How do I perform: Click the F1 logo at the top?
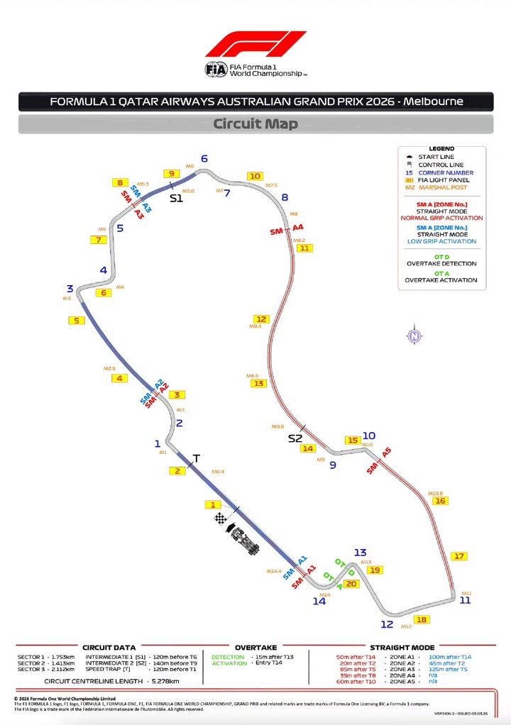pos(255,44)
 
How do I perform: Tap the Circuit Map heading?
pos(255,124)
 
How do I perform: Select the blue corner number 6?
pos(204,159)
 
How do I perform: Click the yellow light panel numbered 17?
pos(460,556)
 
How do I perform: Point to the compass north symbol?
pos(414,336)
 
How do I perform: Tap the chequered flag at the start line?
pos(221,519)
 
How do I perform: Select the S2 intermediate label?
pos(295,438)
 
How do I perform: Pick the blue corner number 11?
pos(465,600)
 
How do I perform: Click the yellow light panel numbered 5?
pos(76,321)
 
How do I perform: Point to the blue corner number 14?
pos(319,602)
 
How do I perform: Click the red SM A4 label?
pos(287,229)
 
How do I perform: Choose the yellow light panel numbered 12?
pos(261,319)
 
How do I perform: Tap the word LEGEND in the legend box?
pos(441,148)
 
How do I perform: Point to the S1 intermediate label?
pos(176,199)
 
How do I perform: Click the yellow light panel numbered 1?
pos(211,505)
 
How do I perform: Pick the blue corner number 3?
pos(70,289)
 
